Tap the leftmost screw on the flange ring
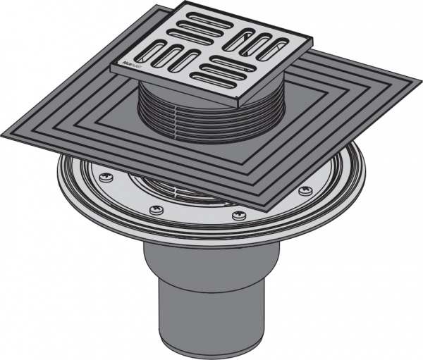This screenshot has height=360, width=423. coord(107,176)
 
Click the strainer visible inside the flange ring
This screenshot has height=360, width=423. coord(169,187)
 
